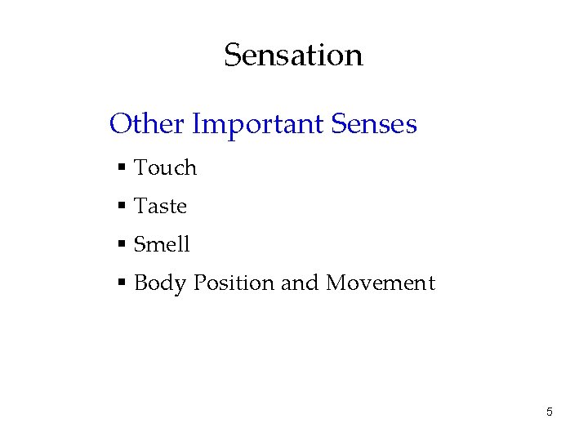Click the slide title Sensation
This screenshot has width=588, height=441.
point(293,56)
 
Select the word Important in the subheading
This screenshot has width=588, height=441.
point(258,124)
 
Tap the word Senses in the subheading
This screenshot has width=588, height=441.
point(375,124)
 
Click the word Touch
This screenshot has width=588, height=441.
point(165,168)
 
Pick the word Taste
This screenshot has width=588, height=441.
point(160,207)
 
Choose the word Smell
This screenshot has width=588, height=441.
point(162,244)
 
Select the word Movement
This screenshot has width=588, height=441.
point(381,283)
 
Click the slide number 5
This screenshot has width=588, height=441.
point(549,412)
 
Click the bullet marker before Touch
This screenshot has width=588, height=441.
point(121,168)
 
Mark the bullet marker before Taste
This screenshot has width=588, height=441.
point(121,207)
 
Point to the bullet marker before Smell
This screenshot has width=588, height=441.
point(121,244)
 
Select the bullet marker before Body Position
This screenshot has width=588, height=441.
point(121,283)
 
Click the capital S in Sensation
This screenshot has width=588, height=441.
point(232,56)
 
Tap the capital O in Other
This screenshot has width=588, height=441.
point(121,124)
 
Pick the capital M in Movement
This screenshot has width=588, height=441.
point(337,283)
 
